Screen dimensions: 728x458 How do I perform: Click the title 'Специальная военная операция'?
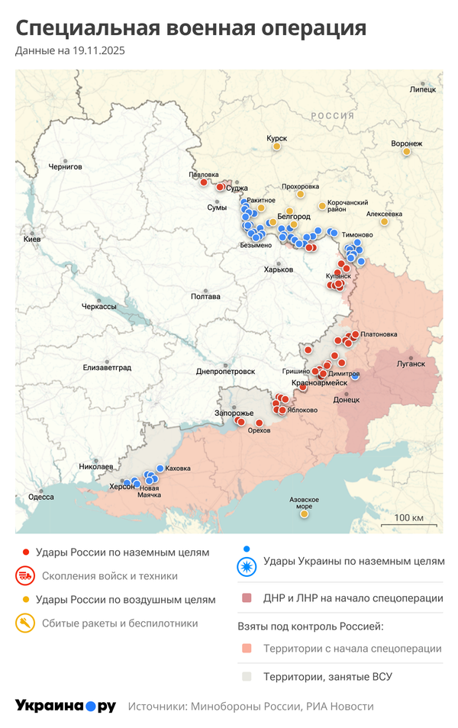(x=191, y=28)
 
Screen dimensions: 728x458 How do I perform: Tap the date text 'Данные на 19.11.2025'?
(x=69, y=51)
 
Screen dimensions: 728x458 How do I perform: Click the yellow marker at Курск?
(x=278, y=147)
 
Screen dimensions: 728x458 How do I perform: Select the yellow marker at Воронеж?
(x=406, y=151)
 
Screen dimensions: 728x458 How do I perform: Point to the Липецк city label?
(x=423, y=89)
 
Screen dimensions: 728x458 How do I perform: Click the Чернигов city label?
(x=64, y=166)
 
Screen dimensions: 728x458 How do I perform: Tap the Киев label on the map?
(x=32, y=239)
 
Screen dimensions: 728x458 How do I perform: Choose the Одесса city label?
(x=40, y=496)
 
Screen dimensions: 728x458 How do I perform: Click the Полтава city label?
(x=205, y=296)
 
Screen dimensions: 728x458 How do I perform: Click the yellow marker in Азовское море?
(x=304, y=514)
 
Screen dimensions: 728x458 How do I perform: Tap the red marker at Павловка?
(x=203, y=182)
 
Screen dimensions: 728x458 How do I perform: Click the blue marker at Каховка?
(x=160, y=469)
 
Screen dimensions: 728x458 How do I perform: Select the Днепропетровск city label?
(x=225, y=371)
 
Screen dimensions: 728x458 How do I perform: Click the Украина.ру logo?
(x=65, y=706)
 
